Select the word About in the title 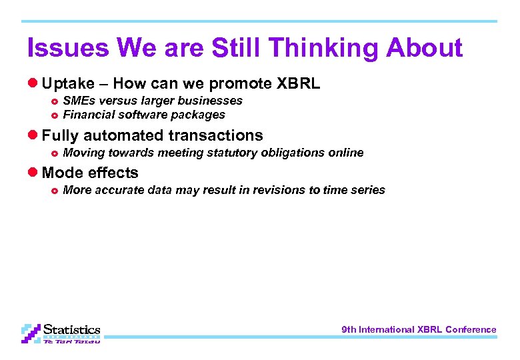pyautogui.click(x=425, y=48)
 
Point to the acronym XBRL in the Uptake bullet pyautogui.click(x=298, y=84)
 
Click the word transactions pyautogui.click(x=215, y=135)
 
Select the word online pyautogui.click(x=346, y=153)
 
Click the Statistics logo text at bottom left pyautogui.click(x=71, y=330)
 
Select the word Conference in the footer pyautogui.click(x=471, y=329)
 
